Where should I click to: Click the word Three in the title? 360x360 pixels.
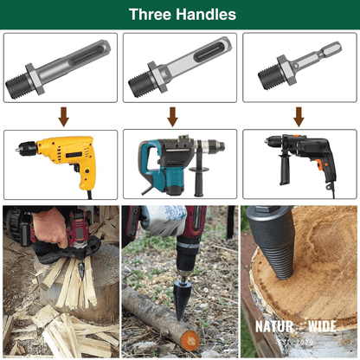(149, 15)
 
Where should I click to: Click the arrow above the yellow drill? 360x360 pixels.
(62, 116)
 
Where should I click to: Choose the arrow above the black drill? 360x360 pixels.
(299, 116)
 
